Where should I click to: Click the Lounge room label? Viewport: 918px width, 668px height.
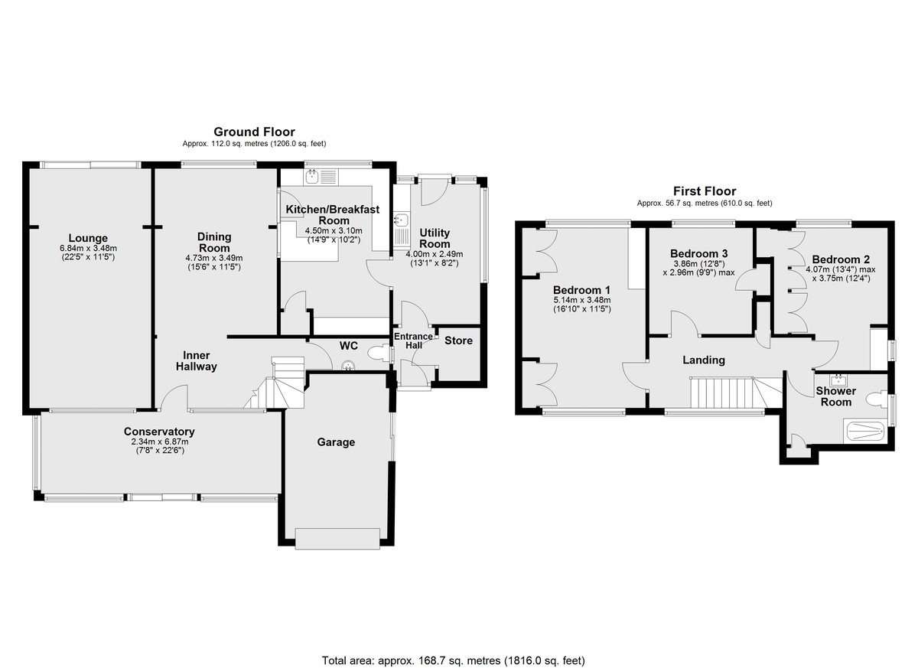[x=88, y=238]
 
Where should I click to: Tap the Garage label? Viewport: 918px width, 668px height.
[x=336, y=442]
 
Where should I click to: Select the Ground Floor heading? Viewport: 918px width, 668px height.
[x=254, y=132]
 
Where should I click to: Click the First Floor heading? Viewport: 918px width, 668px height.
[x=705, y=191]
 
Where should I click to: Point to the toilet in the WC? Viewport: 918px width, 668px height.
[x=378, y=354]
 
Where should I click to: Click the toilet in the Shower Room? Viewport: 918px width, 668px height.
[x=876, y=399]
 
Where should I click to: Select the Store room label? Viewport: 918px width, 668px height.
[x=458, y=341]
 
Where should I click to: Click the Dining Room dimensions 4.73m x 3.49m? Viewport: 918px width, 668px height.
[x=214, y=258]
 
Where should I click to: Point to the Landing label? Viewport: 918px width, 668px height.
[x=704, y=360]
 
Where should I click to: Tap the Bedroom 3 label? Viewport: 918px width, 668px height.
[x=698, y=253]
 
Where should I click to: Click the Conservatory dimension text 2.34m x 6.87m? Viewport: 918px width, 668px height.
[x=160, y=442]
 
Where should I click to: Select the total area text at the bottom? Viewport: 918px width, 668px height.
[x=453, y=637]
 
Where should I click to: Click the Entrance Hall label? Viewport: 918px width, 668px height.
[x=414, y=341]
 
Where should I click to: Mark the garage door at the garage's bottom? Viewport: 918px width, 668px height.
[x=337, y=539]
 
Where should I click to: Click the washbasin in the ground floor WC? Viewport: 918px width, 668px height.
[x=347, y=365]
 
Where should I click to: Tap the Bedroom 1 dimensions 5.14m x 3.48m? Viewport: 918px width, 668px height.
[x=582, y=301]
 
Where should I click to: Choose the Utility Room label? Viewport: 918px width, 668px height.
[x=435, y=239]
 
